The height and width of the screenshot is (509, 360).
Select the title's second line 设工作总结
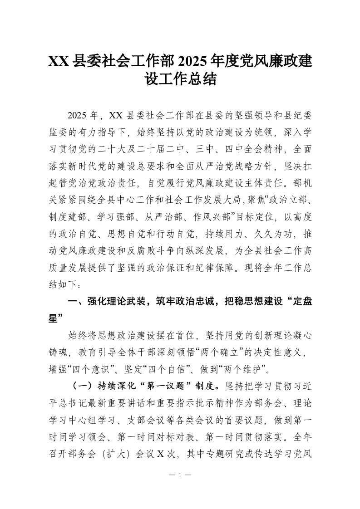coord(180,81)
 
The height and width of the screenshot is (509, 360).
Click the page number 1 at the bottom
coord(180,476)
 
